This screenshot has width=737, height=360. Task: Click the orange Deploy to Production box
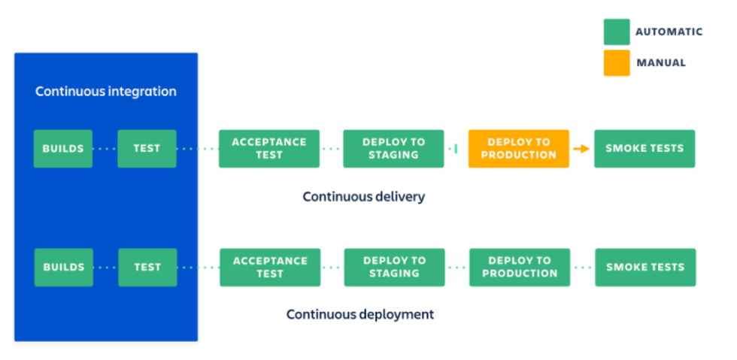tap(518, 148)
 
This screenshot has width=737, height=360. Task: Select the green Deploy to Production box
tap(520, 267)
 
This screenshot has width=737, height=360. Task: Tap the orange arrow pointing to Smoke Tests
tap(581, 149)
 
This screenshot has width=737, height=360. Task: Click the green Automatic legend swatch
tap(617, 32)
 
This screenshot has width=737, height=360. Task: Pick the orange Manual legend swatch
tap(617, 63)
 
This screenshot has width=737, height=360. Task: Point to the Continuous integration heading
tap(106, 92)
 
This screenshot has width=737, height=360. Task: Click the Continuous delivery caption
tap(364, 197)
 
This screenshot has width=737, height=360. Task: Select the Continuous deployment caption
tap(360, 314)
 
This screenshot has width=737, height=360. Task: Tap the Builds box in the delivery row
tap(63, 148)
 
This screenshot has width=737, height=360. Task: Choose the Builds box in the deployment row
tap(63, 267)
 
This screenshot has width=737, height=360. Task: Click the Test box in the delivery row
tap(147, 148)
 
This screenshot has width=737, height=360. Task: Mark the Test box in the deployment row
tap(147, 267)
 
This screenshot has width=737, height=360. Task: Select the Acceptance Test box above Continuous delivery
tap(269, 148)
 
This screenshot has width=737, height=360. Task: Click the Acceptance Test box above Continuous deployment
tap(270, 267)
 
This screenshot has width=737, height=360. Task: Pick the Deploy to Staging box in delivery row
tap(393, 148)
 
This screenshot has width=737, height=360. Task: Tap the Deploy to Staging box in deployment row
tap(395, 267)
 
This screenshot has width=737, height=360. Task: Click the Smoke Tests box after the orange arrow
tap(644, 148)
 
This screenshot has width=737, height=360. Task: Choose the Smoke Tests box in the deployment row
tap(645, 267)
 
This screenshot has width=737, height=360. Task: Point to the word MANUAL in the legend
tap(661, 63)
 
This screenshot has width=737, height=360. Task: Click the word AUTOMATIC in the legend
tap(669, 32)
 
